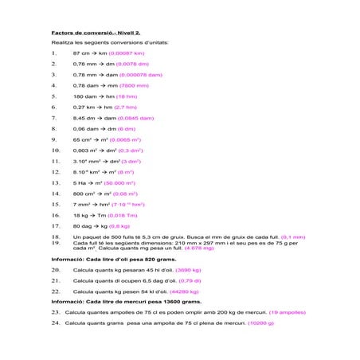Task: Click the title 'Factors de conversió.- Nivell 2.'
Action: click(x=96, y=33)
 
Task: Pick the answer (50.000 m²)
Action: click(x=116, y=182)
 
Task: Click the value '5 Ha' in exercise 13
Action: click(x=80, y=182)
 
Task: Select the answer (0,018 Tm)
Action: click(x=121, y=215)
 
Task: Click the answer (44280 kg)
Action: click(x=183, y=292)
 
